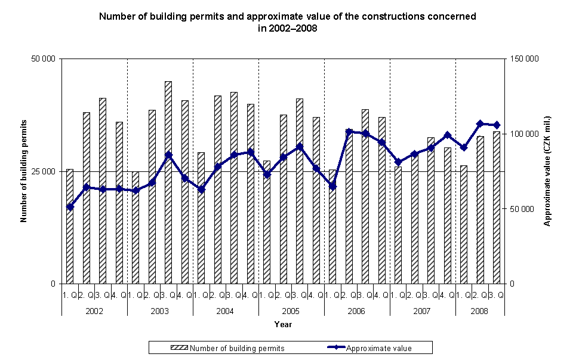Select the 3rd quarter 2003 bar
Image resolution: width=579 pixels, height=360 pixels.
[x=168, y=182]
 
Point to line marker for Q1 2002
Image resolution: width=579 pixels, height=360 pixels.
[x=70, y=207]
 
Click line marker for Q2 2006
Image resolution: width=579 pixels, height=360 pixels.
[x=349, y=131]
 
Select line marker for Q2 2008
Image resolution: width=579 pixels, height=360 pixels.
[x=480, y=124]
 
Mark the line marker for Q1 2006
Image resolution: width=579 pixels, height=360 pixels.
[x=332, y=186]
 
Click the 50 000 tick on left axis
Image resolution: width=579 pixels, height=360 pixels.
[x=44, y=59]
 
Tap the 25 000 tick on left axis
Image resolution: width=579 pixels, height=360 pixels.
[x=44, y=171]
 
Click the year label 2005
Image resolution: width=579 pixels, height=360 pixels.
[x=291, y=312]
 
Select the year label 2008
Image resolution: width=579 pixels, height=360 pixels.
[x=479, y=312]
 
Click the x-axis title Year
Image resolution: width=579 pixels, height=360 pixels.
[x=283, y=324]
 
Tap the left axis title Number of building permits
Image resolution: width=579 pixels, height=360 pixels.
[x=24, y=171]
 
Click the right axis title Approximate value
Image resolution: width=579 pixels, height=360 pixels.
[x=546, y=171]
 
